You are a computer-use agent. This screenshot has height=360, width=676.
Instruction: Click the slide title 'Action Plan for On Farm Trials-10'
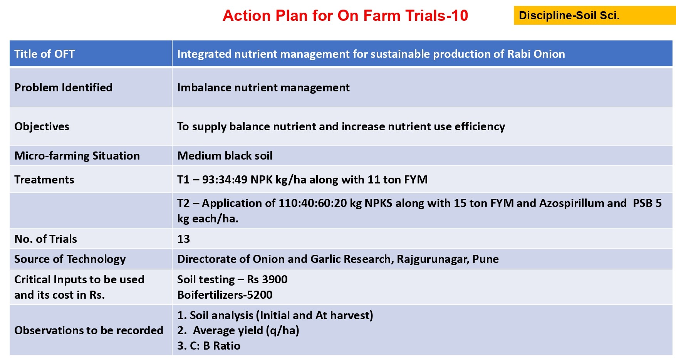click(x=345, y=16)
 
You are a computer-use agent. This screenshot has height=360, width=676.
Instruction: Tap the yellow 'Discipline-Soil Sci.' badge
click(x=594, y=15)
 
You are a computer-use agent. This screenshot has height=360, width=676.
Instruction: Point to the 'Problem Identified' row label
click(x=64, y=87)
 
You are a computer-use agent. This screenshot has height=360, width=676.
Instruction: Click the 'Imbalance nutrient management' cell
click(x=263, y=88)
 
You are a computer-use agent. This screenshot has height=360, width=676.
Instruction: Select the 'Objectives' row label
click(x=42, y=127)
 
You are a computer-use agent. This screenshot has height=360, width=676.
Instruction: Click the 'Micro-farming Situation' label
click(x=77, y=156)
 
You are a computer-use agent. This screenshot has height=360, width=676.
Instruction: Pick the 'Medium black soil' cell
click(x=225, y=156)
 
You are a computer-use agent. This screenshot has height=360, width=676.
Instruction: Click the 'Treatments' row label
click(x=44, y=180)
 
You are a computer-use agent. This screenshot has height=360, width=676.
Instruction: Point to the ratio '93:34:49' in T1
click(x=225, y=180)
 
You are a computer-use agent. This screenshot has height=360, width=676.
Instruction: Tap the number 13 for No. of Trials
click(x=183, y=239)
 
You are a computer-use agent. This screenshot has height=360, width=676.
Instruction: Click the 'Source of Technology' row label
click(x=70, y=259)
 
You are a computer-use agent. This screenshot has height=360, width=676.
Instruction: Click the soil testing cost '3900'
click(x=275, y=279)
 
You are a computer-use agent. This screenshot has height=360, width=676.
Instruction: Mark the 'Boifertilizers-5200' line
click(x=225, y=295)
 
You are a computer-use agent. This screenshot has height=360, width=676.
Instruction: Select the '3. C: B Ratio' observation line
click(x=209, y=346)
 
